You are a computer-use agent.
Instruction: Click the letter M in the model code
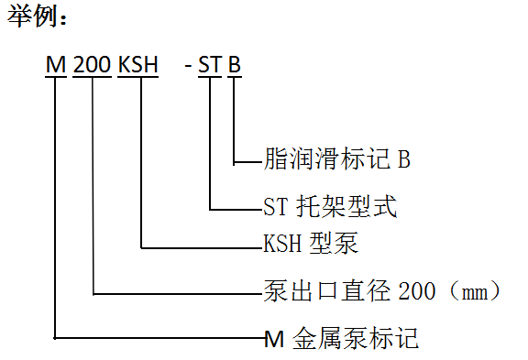click(56, 66)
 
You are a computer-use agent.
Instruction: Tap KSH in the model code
click(139, 66)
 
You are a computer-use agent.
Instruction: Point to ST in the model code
click(210, 66)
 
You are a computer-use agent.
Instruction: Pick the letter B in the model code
click(235, 66)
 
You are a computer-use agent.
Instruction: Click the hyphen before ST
click(188, 67)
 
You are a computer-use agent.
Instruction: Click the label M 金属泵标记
click(341, 338)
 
